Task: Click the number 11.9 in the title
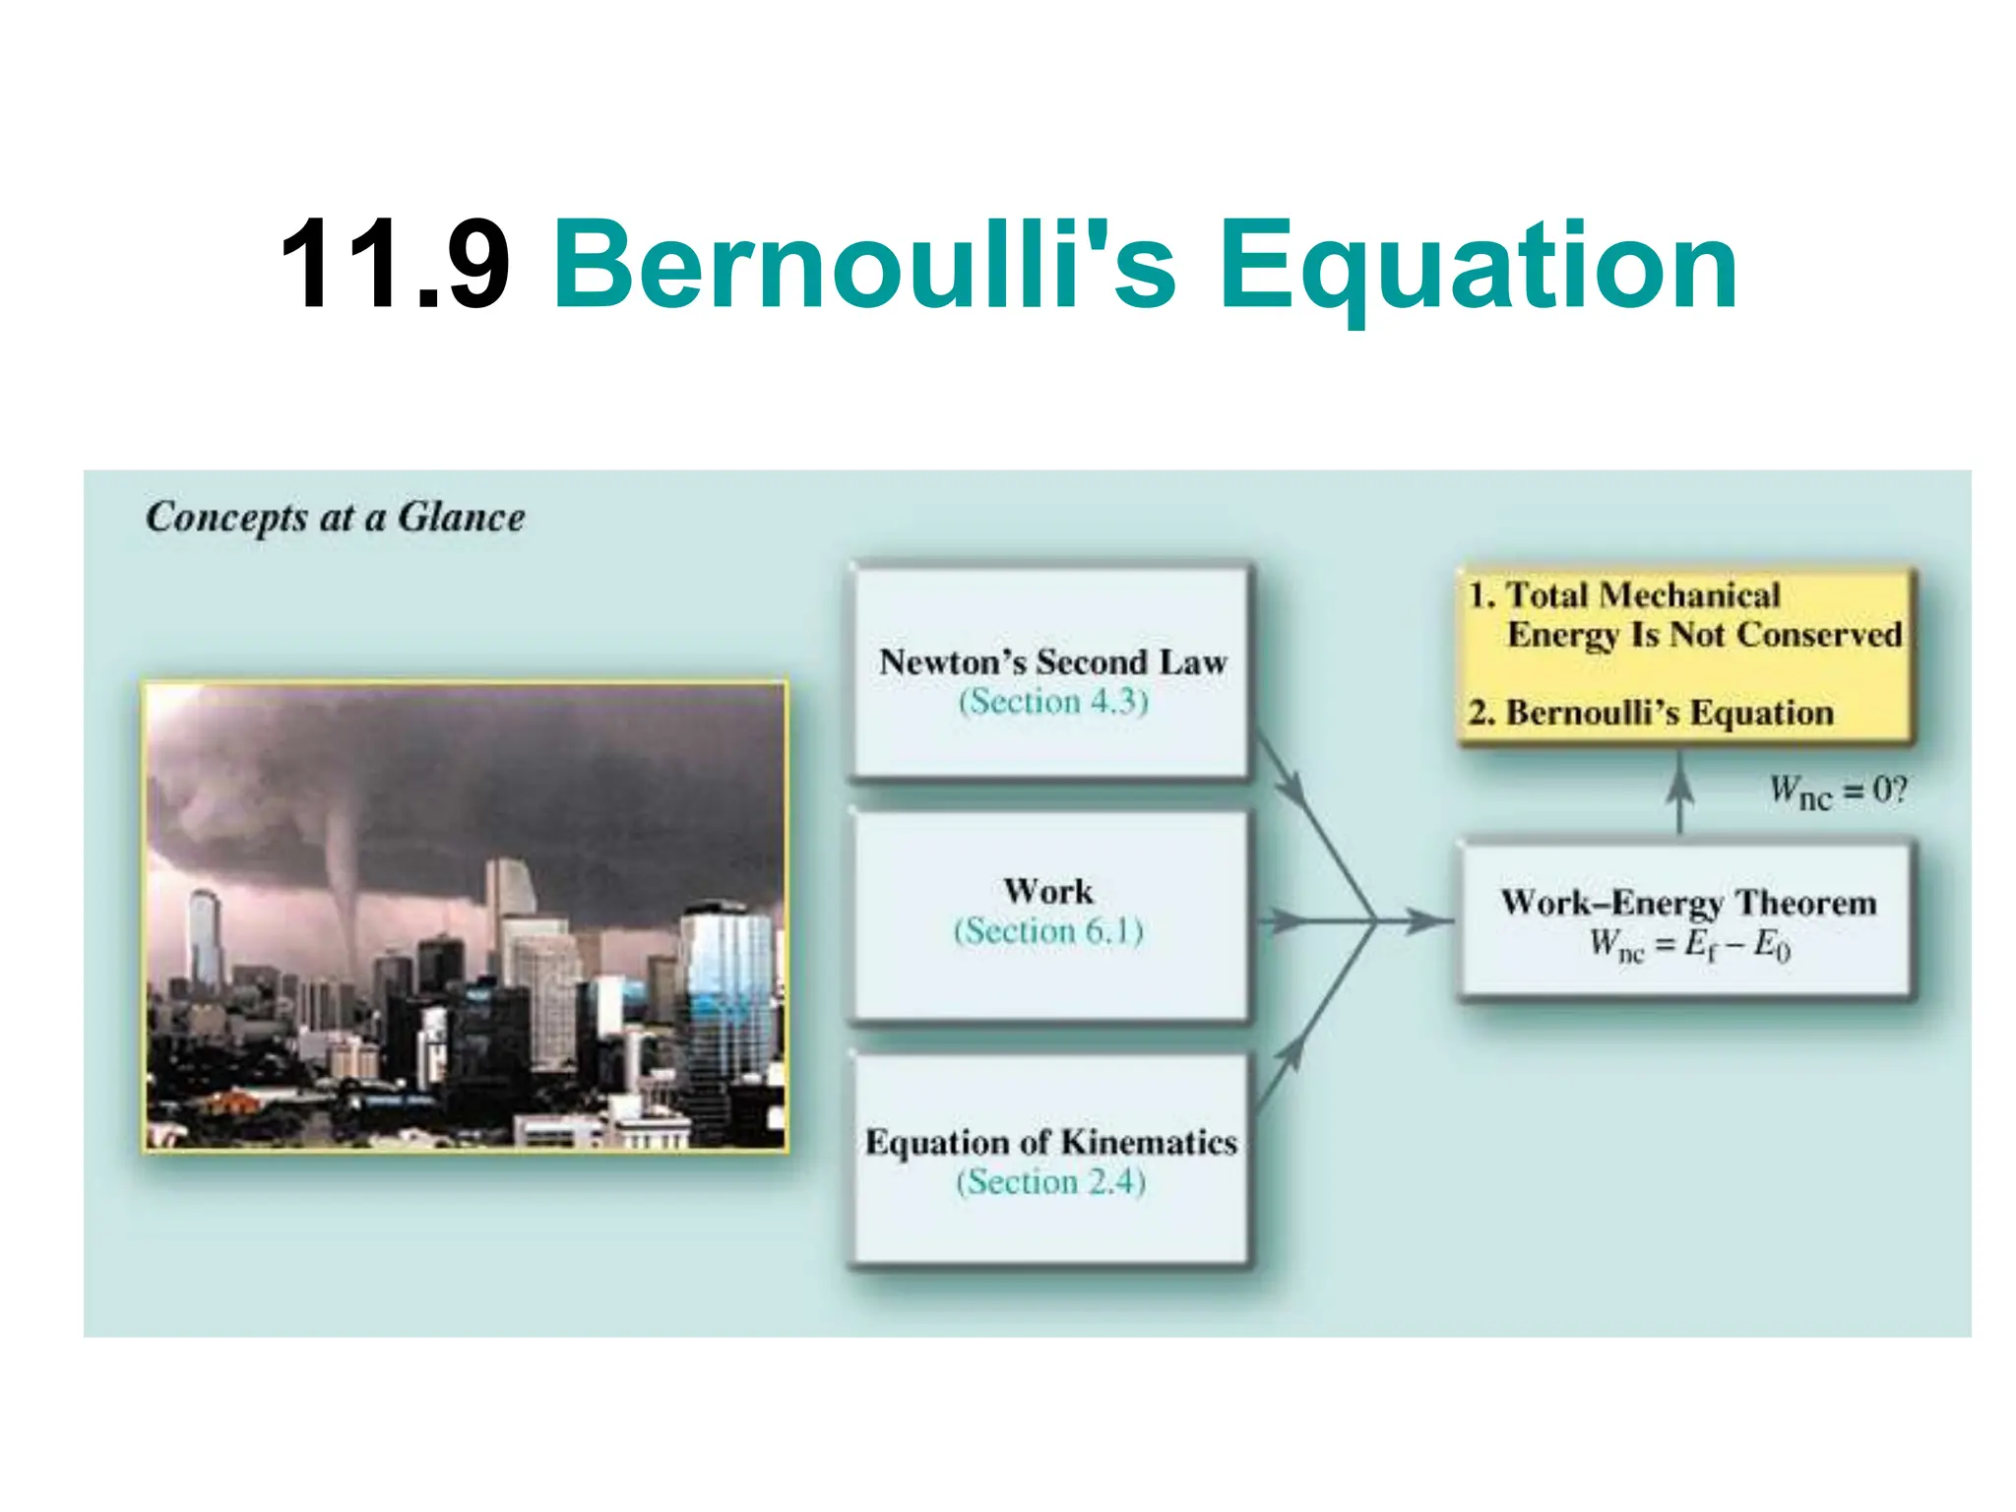pyautogui.click(x=394, y=264)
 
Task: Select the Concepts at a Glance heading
pyautogui.click(x=335, y=517)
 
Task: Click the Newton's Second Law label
pyautogui.click(x=1052, y=661)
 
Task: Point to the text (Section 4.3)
pyautogui.click(x=1052, y=702)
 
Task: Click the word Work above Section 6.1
pyautogui.click(x=1047, y=891)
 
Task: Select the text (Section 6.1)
pyautogui.click(x=1047, y=931)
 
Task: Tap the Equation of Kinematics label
pyautogui.click(x=1050, y=1142)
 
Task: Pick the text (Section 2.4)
pyautogui.click(x=1050, y=1181)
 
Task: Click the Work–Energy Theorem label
pyautogui.click(x=1687, y=902)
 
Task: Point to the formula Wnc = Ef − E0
pyautogui.click(x=1687, y=945)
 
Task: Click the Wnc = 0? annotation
pyautogui.click(x=1837, y=790)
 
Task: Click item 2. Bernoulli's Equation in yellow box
pyautogui.click(x=1650, y=712)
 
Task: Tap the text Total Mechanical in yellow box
pyautogui.click(x=1642, y=595)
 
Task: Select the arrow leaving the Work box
pyautogui.click(x=1286, y=921)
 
